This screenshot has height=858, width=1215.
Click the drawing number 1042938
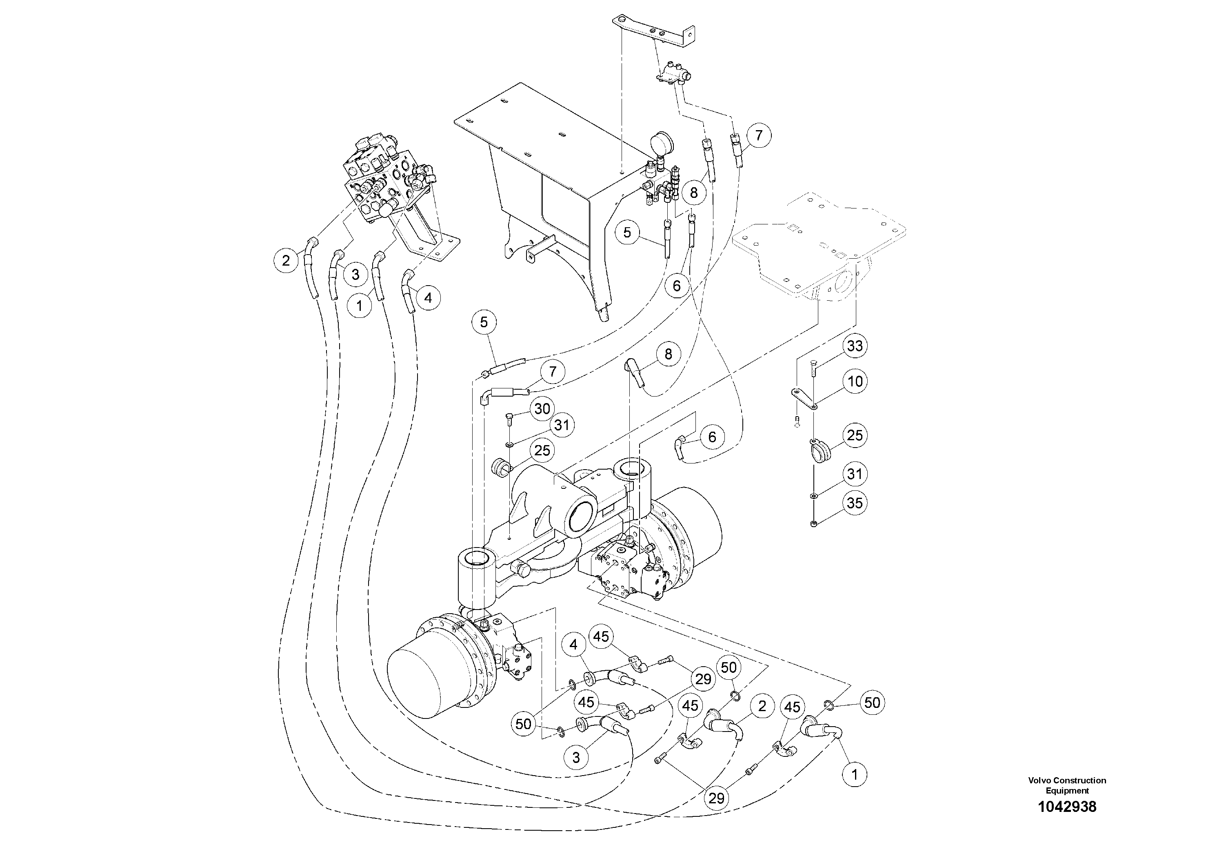click(1067, 807)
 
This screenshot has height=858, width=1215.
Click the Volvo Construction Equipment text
click(1067, 785)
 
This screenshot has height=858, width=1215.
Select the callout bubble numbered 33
click(855, 346)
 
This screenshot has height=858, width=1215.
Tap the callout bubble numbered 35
click(855, 503)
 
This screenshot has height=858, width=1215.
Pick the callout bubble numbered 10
click(855, 381)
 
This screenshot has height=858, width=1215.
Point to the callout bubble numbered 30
click(542, 408)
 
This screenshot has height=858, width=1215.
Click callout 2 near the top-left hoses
click(286, 260)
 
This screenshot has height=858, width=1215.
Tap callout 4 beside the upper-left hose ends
click(428, 298)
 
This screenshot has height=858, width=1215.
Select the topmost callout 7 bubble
click(759, 135)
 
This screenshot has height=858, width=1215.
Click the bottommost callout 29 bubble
click(716, 798)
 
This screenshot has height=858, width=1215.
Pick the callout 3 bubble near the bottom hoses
click(576, 758)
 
